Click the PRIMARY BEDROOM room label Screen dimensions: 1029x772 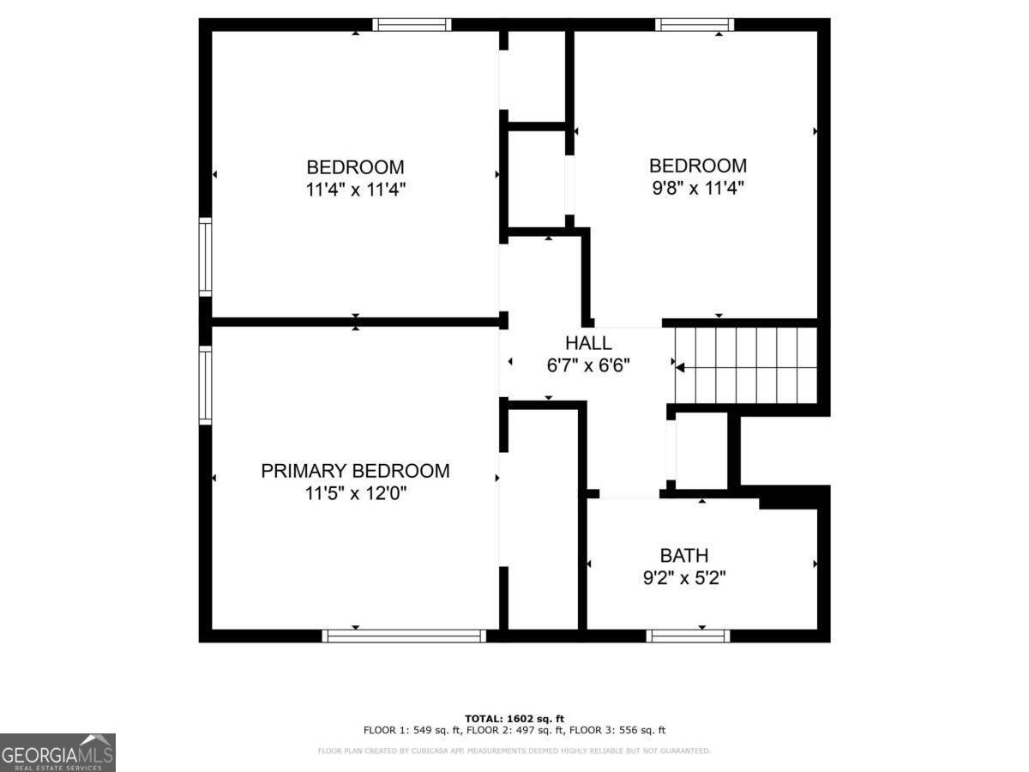(x=355, y=471)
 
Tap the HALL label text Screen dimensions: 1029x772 (x=588, y=343)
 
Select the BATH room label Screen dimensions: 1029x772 (x=684, y=556)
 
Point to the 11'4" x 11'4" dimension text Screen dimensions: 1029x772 (x=355, y=190)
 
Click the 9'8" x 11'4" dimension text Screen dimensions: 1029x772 (x=698, y=189)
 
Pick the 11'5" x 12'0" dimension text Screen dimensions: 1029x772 (x=355, y=493)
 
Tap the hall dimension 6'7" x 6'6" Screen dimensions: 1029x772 (x=588, y=365)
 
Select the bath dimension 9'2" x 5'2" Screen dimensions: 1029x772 (x=684, y=578)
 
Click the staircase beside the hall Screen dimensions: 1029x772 (x=746, y=365)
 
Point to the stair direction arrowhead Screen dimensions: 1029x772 (x=680, y=368)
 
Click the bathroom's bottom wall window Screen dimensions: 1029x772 (x=688, y=636)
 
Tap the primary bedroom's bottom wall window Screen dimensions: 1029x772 (x=404, y=636)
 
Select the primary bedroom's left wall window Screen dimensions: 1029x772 (x=205, y=385)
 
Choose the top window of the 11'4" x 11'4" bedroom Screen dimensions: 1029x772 (x=412, y=24)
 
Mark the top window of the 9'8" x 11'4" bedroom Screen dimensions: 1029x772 (x=695, y=24)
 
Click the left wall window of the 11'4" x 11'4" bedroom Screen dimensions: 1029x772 (x=205, y=256)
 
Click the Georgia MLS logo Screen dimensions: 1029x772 (x=57, y=753)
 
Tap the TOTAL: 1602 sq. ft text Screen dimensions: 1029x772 (x=514, y=719)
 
